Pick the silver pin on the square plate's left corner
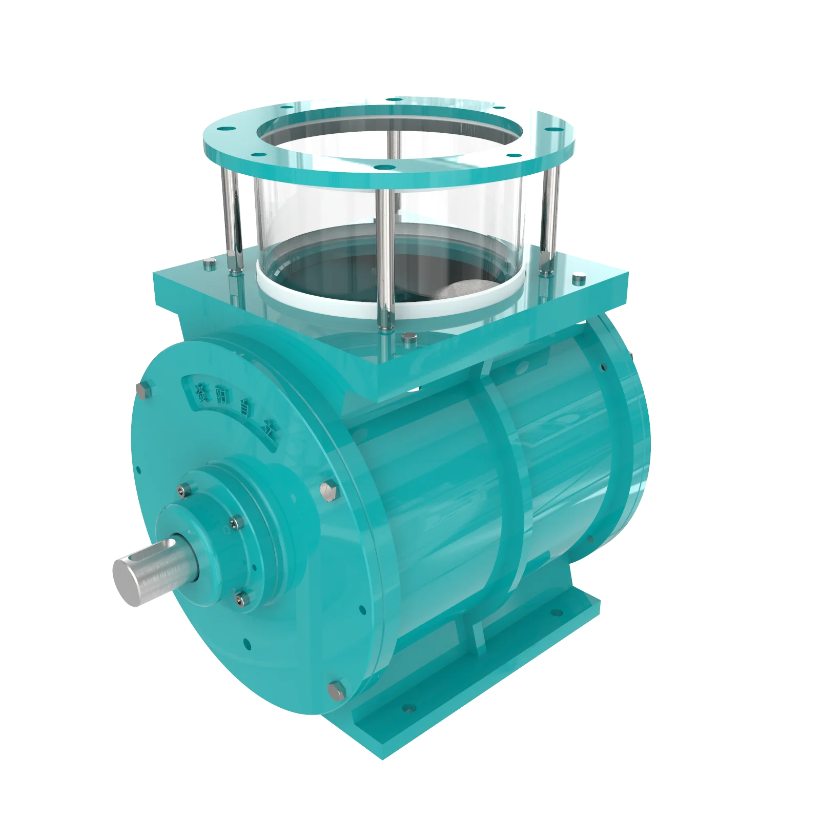(x=209, y=265)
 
